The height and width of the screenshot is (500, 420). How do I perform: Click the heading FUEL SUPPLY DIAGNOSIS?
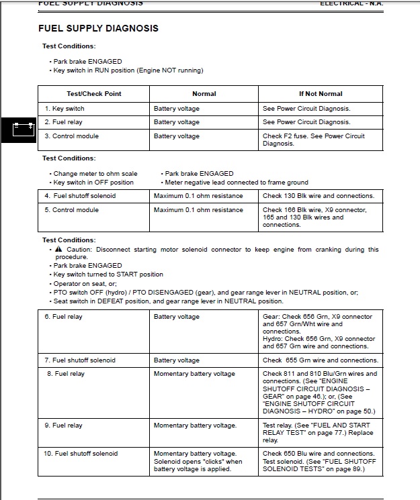tap(99, 29)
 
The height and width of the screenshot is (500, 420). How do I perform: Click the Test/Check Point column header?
tap(94, 94)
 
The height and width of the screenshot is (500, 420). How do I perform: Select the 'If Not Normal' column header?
tap(321, 94)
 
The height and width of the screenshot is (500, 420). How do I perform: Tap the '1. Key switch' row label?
tap(65, 109)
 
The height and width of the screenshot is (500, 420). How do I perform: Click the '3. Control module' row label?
tap(71, 136)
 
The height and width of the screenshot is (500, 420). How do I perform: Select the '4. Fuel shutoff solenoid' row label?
tap(80, 196)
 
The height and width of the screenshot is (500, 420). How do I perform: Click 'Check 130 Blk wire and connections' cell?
tap(318, 196)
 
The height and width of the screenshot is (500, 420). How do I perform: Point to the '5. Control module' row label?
tap(71, 210)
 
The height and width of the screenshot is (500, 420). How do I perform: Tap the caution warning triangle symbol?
tap(58, 250)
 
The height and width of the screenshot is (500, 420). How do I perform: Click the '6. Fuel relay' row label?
tap(63, 317)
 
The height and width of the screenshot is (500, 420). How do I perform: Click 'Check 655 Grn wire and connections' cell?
tap(320, 360)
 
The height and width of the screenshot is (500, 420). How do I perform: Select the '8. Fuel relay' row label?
tap(66, 374)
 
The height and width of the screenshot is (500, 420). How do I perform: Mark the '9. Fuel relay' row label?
tap(63, 426)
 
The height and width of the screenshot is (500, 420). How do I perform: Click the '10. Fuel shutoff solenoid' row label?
tap(81, 454)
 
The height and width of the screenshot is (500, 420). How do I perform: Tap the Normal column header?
tap(204, 94)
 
